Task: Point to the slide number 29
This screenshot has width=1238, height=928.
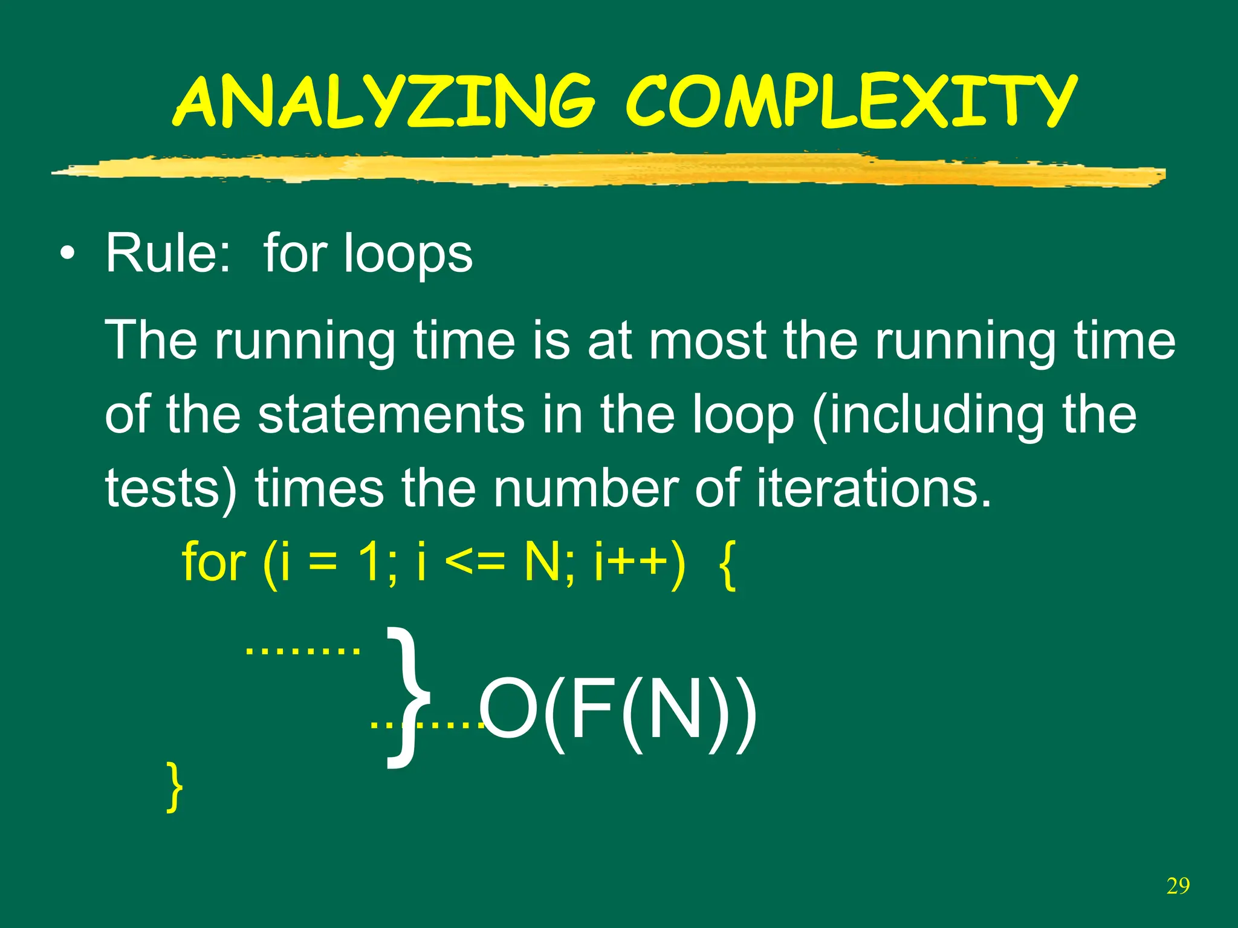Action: [x=1178, y=886]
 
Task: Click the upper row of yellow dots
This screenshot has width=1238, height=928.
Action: [x=302, y=651]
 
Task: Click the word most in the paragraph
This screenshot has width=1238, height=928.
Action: [x=707, y=341]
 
